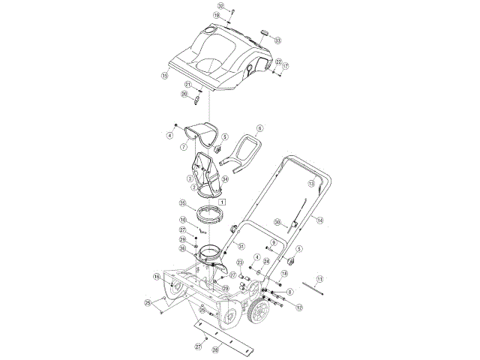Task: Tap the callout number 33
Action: click(x=277, y=40)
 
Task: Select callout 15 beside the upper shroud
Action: click(x=164, y=75)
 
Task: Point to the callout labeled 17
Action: click(x=285, y=66)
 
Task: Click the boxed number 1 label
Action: click(x=223, y=202)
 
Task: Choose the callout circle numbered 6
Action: click(x=261, y=128)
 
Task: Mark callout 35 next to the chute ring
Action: click(x=182, y=203)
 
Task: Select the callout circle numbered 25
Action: click(x=148, y=302)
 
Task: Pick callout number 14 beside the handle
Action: click(x=319, y=220)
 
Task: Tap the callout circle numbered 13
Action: click(x=310, y=183)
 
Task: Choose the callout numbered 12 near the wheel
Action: click(x=298, y=307)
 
